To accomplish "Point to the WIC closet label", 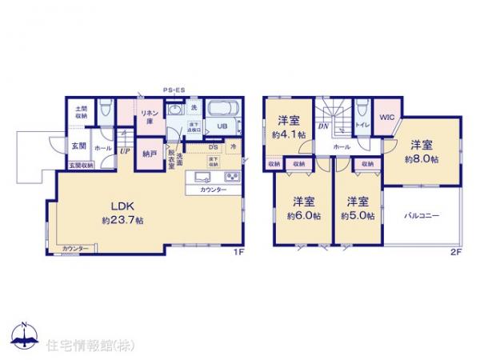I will coord(387,117).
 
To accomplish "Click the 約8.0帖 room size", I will coord(422,158).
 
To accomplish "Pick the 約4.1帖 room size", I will coord(290,135).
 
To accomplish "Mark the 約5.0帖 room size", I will coord(356,215).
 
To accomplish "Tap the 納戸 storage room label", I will coord(149,153).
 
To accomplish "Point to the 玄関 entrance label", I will coord(78,146).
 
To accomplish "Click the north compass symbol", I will coord(24,334).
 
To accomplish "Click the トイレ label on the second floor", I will coord(361,126).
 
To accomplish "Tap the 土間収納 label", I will coord(82,113).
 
